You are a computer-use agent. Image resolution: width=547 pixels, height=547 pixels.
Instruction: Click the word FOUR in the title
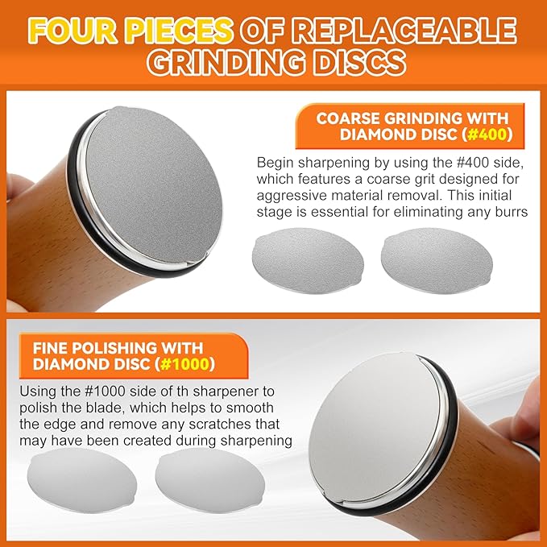point(73,31)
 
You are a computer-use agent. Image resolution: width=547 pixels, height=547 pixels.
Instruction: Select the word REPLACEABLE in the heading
point(404,31)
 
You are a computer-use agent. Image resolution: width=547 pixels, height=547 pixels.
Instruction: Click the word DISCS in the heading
point(359,62)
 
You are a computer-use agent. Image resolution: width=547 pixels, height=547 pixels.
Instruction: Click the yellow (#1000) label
point(185,364)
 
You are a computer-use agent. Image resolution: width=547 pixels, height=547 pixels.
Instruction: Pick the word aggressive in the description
point(292,196)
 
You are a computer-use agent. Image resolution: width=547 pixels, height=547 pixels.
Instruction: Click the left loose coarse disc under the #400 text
point(308,259)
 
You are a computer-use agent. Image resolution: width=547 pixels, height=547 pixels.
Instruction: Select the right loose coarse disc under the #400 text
point(437,259)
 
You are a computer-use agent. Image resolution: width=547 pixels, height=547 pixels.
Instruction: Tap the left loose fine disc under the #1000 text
point(82,480)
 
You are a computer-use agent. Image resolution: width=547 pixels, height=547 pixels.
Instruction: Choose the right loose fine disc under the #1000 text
point(210,480)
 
